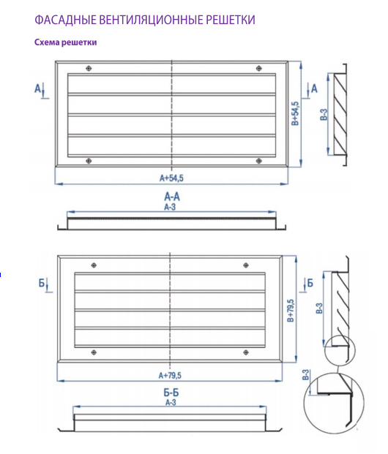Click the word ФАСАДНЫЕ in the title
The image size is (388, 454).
65,20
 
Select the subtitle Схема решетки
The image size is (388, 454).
66,42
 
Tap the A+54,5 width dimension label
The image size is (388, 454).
171,178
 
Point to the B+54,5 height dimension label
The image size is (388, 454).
294,113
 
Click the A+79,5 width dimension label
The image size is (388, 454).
170,375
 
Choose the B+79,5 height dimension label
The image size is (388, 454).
291,311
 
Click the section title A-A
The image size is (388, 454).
172,197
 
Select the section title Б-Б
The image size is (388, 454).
171,393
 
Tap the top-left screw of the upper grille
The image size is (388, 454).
89,68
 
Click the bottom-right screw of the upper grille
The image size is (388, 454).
259,161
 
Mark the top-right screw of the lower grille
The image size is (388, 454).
246,265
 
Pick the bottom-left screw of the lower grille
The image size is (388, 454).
94,352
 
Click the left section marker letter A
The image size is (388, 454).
37,88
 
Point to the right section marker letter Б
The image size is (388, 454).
310,283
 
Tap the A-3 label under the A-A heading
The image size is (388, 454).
170,207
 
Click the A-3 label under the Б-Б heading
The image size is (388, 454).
171,402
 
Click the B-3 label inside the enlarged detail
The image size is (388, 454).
305,374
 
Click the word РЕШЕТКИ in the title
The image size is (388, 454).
231,20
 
